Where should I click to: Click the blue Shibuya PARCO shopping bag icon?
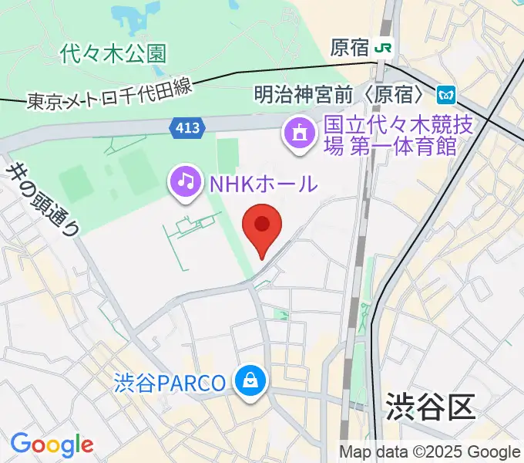click(251, 381)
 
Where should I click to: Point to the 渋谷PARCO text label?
click(170, 382)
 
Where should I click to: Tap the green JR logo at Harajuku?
click(384, 48)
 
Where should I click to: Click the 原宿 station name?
click(349, 48)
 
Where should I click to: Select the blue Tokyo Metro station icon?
click(446, 95)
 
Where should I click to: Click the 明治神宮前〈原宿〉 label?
click(340, 95)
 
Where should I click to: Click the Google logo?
click(52, 444)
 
